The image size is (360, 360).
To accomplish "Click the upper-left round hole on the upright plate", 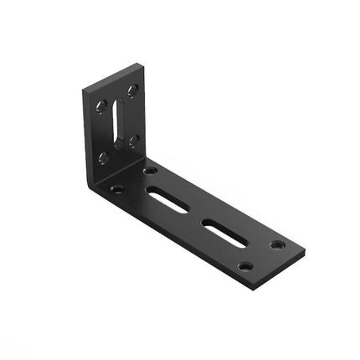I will pyautogui.click(x=101, y=105).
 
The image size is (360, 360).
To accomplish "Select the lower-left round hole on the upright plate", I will pyautogui.click(x=103, y=157).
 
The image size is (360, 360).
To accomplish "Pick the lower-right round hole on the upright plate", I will pyautogui.click(x=133, y=141).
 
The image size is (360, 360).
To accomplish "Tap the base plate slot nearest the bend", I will pyautogui.click(x=167, y=199).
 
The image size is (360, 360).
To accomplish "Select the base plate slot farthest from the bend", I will pyautogui.click(x=224, y=232).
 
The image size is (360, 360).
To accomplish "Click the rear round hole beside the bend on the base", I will pyautogui.click(x=151, y=170).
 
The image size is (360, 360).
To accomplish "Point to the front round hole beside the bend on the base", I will pyautogui.click(x=117, y=189).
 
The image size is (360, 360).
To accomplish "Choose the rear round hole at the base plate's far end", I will pyautogui.click(x=277, y=244).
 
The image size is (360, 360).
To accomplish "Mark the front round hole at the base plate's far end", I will pyautogui.click(x=244, y=266).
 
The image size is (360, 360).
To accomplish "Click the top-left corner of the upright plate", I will pyautogui.click(x=85, y=90).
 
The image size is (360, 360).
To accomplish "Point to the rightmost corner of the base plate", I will pyautogui.click(x=305, y=249).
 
